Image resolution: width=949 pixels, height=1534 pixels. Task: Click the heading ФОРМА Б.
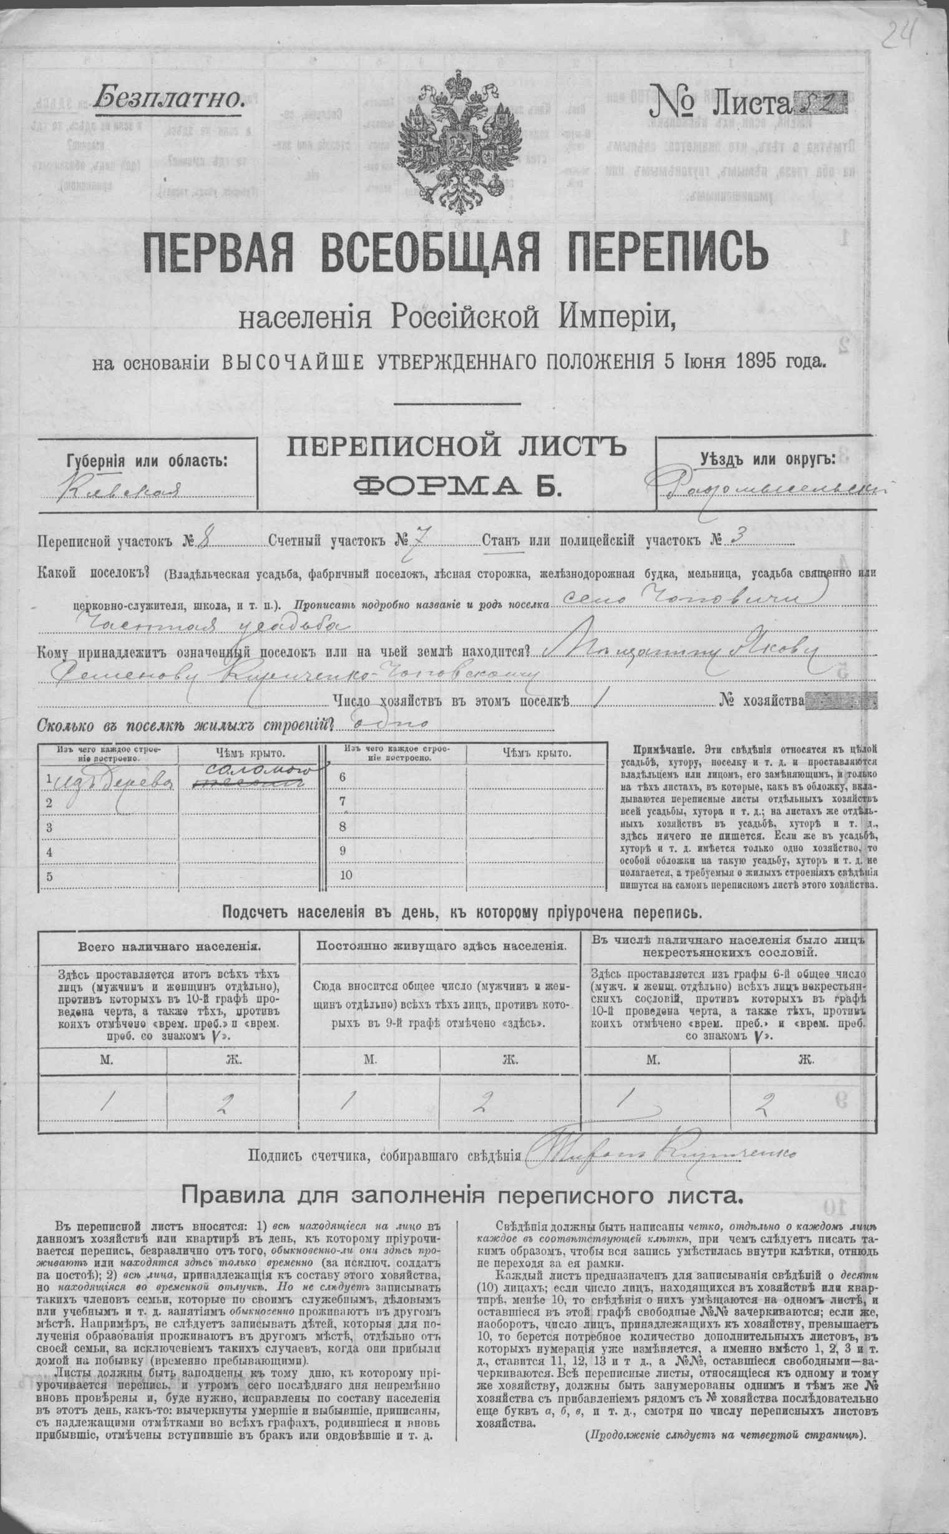click(456, 484)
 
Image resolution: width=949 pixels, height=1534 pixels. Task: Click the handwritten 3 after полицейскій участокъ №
click(734, 539)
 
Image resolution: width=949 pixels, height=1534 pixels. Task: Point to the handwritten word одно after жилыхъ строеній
click(392, 724)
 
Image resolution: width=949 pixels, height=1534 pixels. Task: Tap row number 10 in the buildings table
click(346, 876)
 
